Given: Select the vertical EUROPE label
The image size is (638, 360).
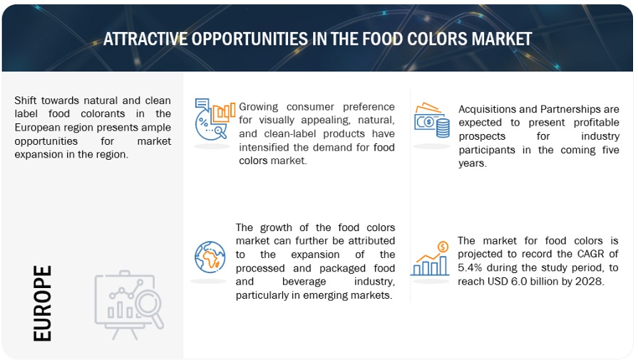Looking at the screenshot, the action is [x=43, y=303].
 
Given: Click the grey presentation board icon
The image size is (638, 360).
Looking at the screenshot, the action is [x=129, y=304].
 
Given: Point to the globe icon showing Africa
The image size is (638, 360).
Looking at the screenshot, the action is [x=210, y=257].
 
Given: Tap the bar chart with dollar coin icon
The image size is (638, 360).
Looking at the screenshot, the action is [x=430, y=258].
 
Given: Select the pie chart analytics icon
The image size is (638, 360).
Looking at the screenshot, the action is [x=215, y=119].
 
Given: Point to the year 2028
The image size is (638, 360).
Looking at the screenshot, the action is [x=589, y=281].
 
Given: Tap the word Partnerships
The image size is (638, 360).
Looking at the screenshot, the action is [x=568, y=109].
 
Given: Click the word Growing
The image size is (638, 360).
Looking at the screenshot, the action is [x=258, y=107].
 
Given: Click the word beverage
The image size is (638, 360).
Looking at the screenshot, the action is [x=304, y=282].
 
